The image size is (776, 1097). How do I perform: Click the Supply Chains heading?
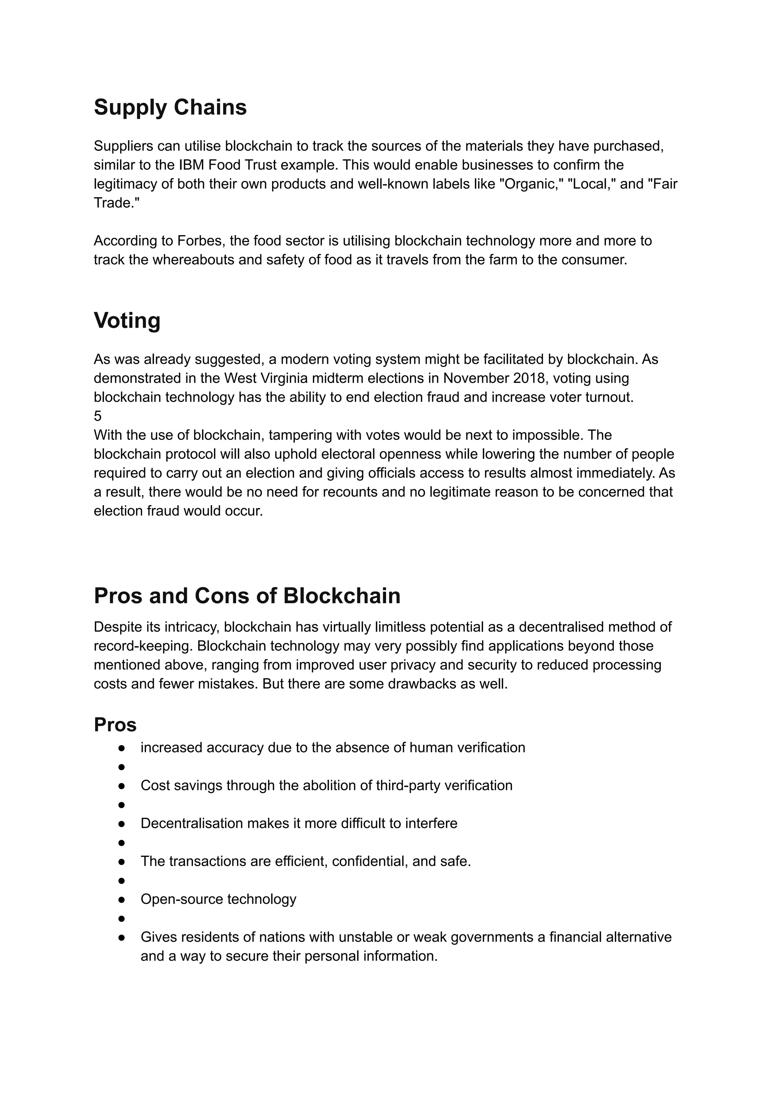(x=170, y=107)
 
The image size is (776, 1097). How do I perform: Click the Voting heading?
(x=127, y=320)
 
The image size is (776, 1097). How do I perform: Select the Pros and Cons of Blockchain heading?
(x=247, y=596)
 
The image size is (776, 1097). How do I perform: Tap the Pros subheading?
(x=115, y=725)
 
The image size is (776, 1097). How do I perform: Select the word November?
(x=476, y=378)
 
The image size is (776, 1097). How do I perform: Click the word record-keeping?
(x=143, y=646)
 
